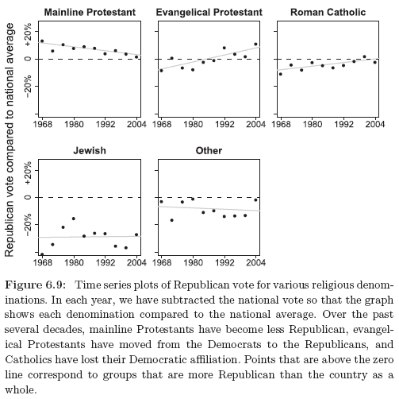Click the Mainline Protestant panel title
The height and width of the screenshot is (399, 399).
90,12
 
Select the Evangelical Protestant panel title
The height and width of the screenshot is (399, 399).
209,12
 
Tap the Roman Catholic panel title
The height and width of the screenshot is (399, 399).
328,12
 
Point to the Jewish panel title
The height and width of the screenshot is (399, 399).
90,150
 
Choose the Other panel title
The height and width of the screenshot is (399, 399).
209,150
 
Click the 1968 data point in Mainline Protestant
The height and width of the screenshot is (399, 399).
42,41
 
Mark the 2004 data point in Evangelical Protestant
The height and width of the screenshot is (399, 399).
255,45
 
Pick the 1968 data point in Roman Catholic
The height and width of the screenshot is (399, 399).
281,74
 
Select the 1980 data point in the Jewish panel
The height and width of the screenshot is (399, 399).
74,219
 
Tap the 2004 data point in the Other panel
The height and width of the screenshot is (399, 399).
255,200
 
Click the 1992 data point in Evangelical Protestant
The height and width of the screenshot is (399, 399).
224,48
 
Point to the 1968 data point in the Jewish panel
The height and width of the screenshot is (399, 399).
42,254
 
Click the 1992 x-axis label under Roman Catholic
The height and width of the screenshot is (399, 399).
343,124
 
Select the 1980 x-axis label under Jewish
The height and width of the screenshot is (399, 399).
74,262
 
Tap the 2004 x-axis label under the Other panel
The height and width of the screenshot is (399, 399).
255,262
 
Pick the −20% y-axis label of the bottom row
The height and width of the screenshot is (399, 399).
28,225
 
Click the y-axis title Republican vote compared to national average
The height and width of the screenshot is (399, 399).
9,140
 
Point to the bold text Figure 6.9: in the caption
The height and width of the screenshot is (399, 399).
35,285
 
